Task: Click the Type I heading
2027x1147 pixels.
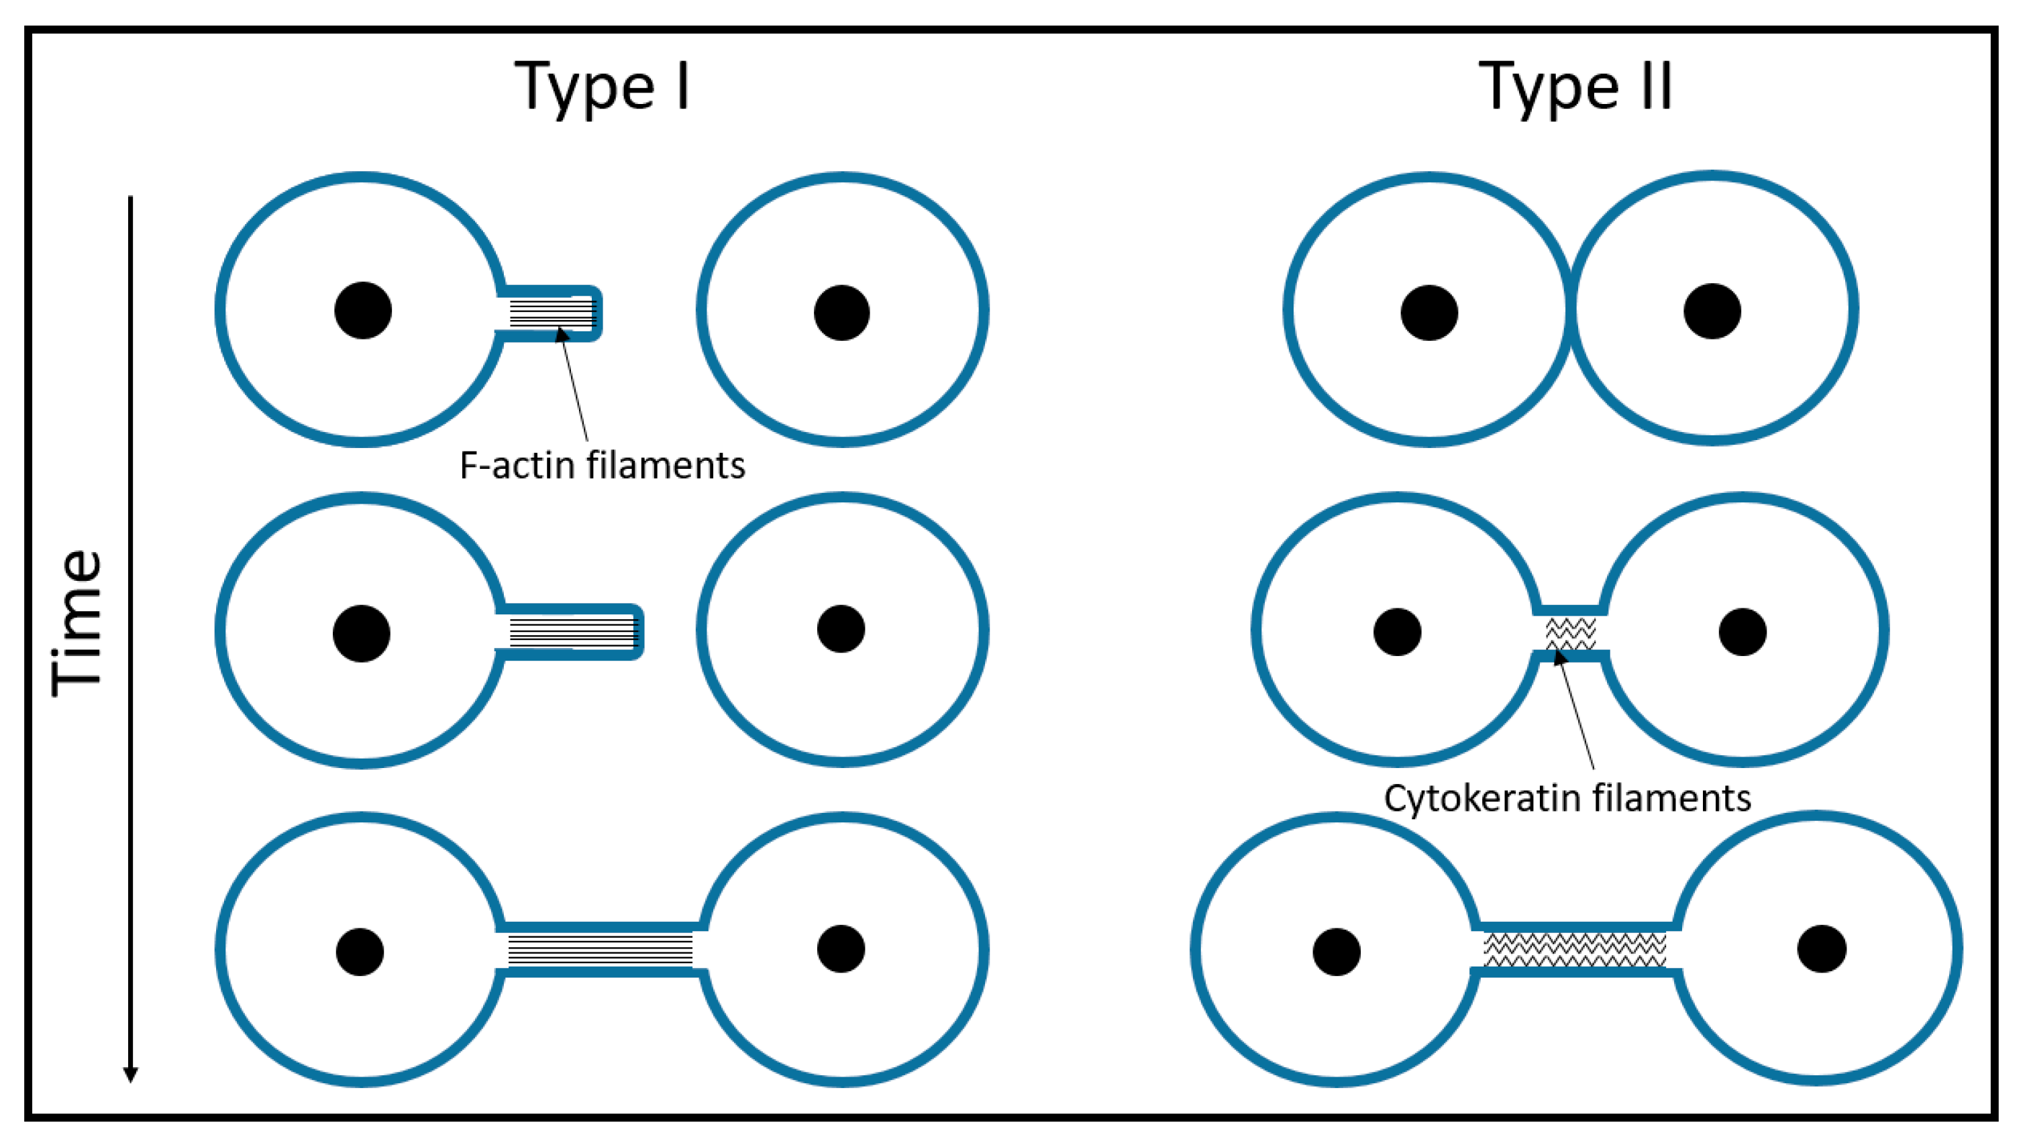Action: pos(603,87)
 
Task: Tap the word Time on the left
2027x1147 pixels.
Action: pos(77,622)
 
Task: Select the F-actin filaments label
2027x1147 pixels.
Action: pos(602,466)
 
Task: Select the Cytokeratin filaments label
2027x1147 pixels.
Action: pos(1567,798)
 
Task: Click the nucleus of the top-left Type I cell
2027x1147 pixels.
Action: pos(362,311)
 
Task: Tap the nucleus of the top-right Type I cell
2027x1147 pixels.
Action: pos(841,313)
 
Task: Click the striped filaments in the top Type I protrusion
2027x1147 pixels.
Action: pos(552,313)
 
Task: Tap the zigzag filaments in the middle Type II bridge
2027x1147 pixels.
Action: pos(1571,632)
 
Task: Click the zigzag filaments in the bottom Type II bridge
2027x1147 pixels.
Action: pos(1574,949)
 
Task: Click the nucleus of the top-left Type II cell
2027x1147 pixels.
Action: pos(1429,313)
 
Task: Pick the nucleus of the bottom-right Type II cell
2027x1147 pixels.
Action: pos(1822,948)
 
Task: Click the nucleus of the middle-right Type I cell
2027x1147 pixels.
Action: pos(841,629)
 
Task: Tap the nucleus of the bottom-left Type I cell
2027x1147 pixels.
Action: pos(360,952)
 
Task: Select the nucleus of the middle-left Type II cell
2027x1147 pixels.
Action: pos(1397,632)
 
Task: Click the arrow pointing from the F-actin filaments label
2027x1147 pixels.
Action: pos(575,386)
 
